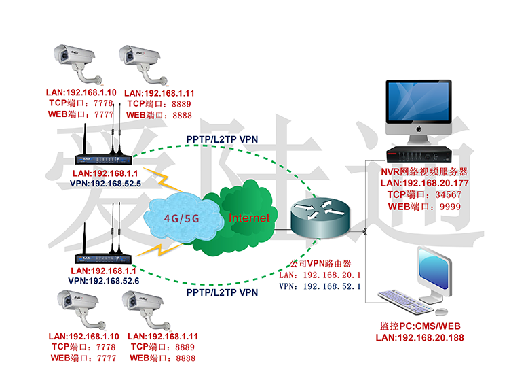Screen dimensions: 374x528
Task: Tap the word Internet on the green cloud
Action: pos(248,218)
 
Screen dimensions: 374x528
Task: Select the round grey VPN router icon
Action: pos(318,213)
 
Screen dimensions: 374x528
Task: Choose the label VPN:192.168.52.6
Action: pos(104,280)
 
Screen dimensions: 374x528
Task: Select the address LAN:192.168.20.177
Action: pos(424,183)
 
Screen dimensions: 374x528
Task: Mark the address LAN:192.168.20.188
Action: pos(420,337)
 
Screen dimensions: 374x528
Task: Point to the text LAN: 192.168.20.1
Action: pos(320,275)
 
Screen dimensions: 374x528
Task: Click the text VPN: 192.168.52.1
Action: pos(320,287)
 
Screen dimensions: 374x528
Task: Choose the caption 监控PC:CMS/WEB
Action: pos(419,326)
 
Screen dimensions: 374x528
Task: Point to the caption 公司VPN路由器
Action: pos(319,262)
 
